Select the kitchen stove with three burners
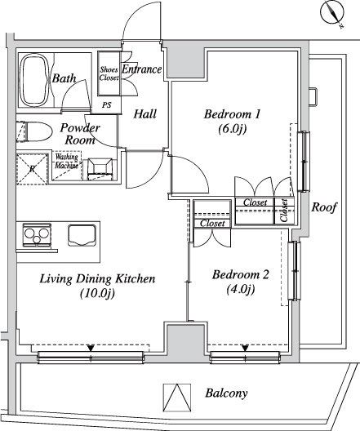pyautogui.click(x=37, y=235)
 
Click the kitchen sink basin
pyautogui.click(x=82, y=235)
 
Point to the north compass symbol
pyautogui.click(x=332, y=13)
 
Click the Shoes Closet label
pyautogui.click(x=109, y=73)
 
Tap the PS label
pyautogui.click(x=107, y=105)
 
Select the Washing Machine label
pyautogui.click(x=67, y=161)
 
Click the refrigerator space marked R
pyautogui.click(x=32, y=169)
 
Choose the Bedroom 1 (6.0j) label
pyautogui.click(x=232, y=121)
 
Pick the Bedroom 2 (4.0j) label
pyautogui.click(x=240, y=282)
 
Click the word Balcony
pyautogui.click(x=226, y=393)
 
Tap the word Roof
pyautogui.click(x=324, y=207)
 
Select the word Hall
pyautogui.click(x=144, y=113)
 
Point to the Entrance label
pyautogui.click(x=141, y=69)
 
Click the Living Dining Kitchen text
pyautogui.click(x=98, y=278)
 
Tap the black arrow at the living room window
pyautogui.click(x=91, y=348)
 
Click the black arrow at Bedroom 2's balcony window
pyautogui.click(x=245, y=348)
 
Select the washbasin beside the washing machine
pyautogui.click(x=100, y=169)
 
